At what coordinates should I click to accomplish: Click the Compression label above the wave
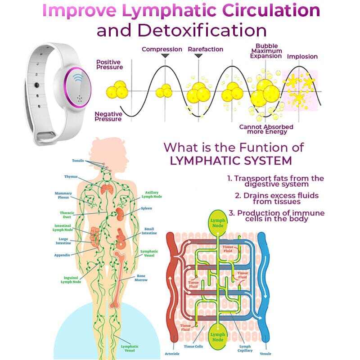(162, 49)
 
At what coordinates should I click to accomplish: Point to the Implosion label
(302, 57)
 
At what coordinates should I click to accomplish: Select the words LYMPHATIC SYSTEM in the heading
(230, 161)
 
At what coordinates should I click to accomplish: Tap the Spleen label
(146, 208)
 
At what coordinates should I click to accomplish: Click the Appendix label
(62, 255)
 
